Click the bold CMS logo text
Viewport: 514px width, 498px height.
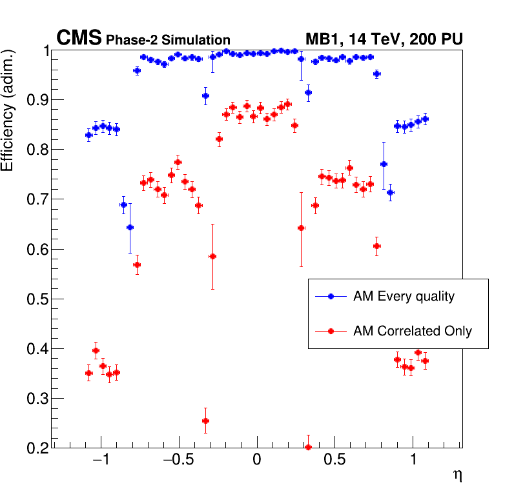coord(79,39)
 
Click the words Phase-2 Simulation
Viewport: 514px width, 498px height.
coord(168,41)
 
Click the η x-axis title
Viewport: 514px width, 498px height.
coord(457,475)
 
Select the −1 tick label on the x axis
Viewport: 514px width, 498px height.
coord(100,462)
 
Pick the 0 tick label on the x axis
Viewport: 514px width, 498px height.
coord(257,462)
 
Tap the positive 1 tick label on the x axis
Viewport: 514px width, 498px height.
coord(413,462)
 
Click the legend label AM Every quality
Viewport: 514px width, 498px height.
coord(404,297)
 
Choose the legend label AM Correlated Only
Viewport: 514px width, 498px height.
coord(413,332)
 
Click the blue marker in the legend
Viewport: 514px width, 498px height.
coord(331,297)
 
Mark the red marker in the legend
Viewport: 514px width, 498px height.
coord(331,332)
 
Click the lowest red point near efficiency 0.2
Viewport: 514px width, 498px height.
coord(308,447)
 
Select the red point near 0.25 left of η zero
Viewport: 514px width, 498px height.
coord(205,421)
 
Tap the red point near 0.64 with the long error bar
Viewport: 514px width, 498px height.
coord(301,228)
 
